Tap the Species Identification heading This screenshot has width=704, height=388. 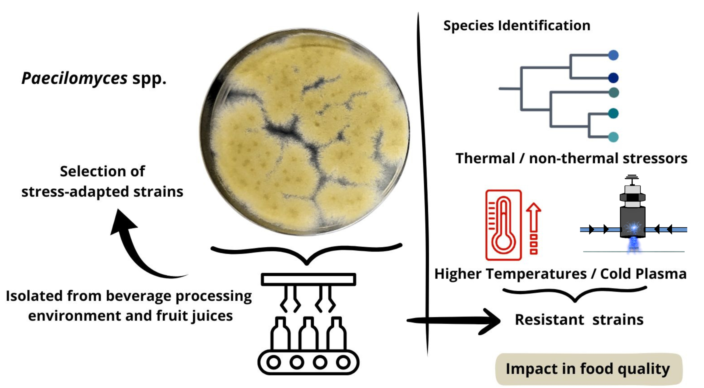(516, 26)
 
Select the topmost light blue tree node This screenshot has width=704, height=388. (613, 55)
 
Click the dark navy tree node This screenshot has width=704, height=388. (613, 78)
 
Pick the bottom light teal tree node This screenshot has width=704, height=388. (613, 137)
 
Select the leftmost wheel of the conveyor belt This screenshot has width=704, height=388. (273, 362)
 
